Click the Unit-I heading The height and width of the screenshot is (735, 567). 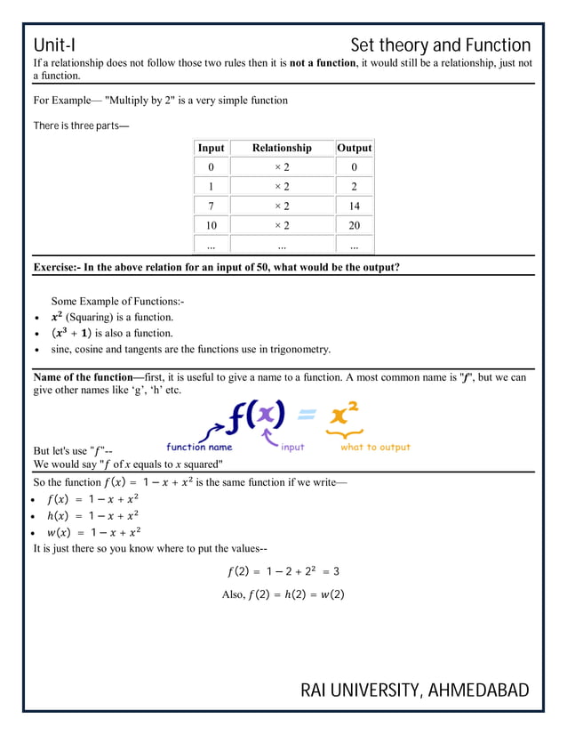(60, 45)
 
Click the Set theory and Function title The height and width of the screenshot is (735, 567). (440, 45)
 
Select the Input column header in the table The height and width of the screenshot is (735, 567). (211, 148)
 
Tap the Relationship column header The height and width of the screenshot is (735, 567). (282, 148)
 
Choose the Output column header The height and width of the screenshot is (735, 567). (354, 148)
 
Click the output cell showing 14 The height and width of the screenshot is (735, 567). (354, 206)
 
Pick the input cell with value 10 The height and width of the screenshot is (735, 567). (211, 225)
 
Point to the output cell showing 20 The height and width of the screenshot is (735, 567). (354, 225)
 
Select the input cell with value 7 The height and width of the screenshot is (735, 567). (211, 206)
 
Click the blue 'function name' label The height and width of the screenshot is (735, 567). (199, 448)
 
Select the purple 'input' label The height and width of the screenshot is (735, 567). (292, 448)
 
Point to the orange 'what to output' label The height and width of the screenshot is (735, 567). (375, 448)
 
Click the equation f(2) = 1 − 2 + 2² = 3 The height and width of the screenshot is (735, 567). (283, 571)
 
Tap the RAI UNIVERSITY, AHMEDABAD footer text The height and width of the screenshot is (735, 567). (414, 691)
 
